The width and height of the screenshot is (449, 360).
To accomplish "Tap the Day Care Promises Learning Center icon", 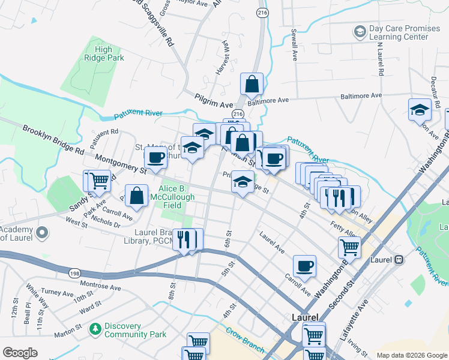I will click(360, 31).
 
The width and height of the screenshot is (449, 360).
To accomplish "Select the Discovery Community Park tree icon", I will click(95, 329).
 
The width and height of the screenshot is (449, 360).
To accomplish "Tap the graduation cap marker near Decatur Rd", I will click(420, 110).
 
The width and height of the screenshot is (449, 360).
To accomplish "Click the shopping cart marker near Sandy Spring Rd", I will click(100, 180).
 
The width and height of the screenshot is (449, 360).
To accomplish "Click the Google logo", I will click(20, 353).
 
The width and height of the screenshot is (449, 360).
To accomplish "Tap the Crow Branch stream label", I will click(245, 340).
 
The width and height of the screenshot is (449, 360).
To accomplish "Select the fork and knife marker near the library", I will click(185, 239).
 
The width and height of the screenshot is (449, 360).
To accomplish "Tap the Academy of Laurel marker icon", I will click(42, 232).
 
